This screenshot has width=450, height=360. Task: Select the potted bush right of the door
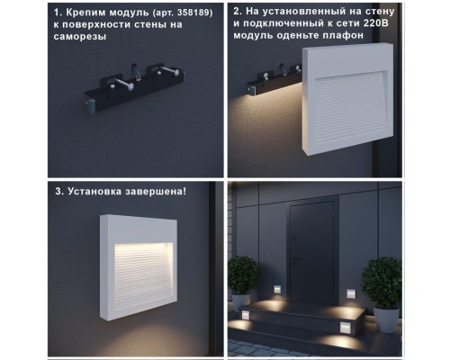coord(381,280)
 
